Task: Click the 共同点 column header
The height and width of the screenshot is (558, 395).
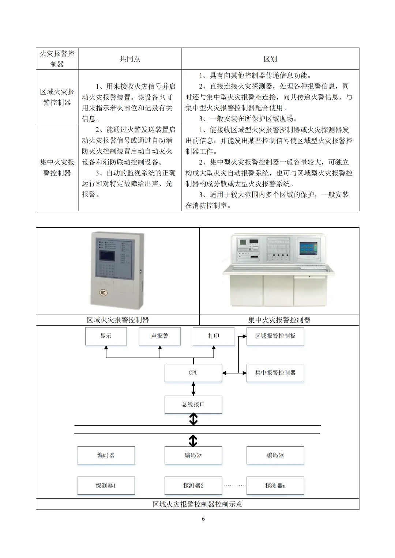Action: (x=130, y=59)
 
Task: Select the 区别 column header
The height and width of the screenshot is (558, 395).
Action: (x=270, y=59)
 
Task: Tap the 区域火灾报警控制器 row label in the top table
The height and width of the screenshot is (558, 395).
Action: (x=57, y=97)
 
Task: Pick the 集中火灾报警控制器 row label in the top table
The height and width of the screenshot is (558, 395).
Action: (x=57, y=167)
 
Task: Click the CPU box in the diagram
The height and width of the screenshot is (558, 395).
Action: (x=193, y=373)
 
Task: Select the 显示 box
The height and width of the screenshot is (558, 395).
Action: (x=106, y=336)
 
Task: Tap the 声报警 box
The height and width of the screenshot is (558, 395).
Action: (x=159, y=336)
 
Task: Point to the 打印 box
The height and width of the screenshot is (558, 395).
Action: (x=213, y=336)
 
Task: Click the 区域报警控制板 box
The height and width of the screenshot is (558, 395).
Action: (x=275, y=336)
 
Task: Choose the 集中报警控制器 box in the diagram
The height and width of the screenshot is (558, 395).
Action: (x=275, y=373)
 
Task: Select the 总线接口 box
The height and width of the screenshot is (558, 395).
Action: (x=193, y=405)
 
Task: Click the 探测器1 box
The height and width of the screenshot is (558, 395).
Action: (x=106, y=486)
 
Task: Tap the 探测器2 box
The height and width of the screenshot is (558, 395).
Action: (x=193, y=486)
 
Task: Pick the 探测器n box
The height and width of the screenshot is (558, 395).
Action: (x=275, y=486)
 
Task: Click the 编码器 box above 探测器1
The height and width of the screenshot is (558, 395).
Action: (x=106, y=455)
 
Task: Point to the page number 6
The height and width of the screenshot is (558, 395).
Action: (x=203, y=519)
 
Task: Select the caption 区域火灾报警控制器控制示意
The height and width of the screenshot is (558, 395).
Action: (x=197, y=504)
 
